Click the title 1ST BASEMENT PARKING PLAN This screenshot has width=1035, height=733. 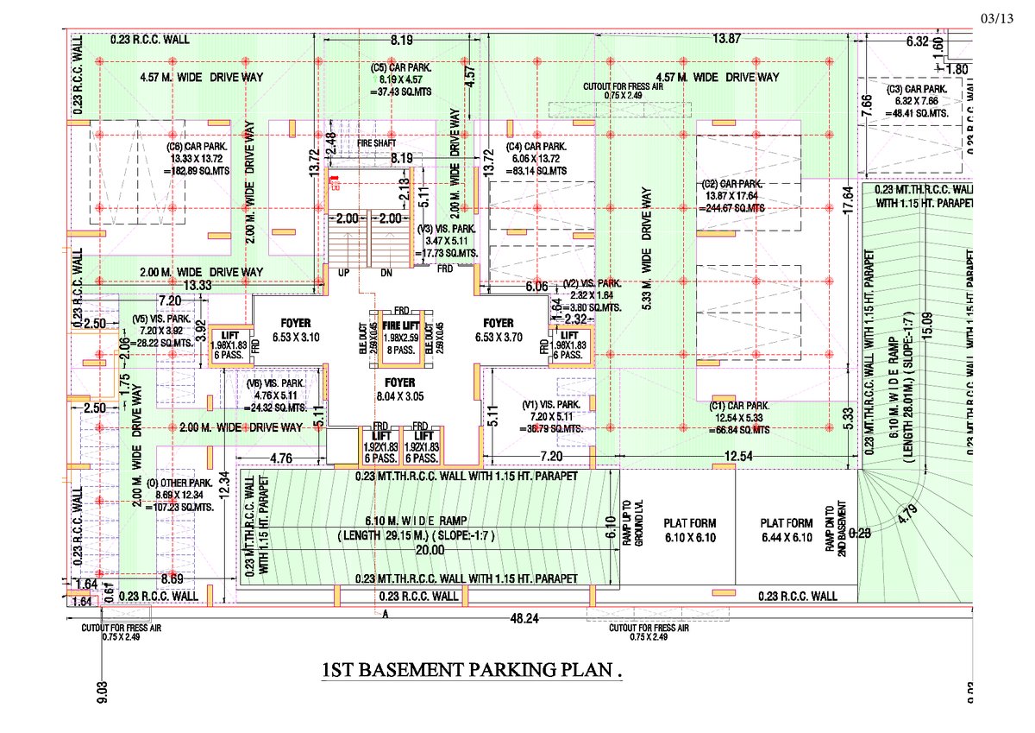tap(472, 670)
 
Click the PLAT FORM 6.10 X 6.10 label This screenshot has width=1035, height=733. tap(690, 530)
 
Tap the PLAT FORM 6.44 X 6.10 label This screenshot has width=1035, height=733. tap(787, 530)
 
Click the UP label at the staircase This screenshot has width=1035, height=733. tap(342, 273)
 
